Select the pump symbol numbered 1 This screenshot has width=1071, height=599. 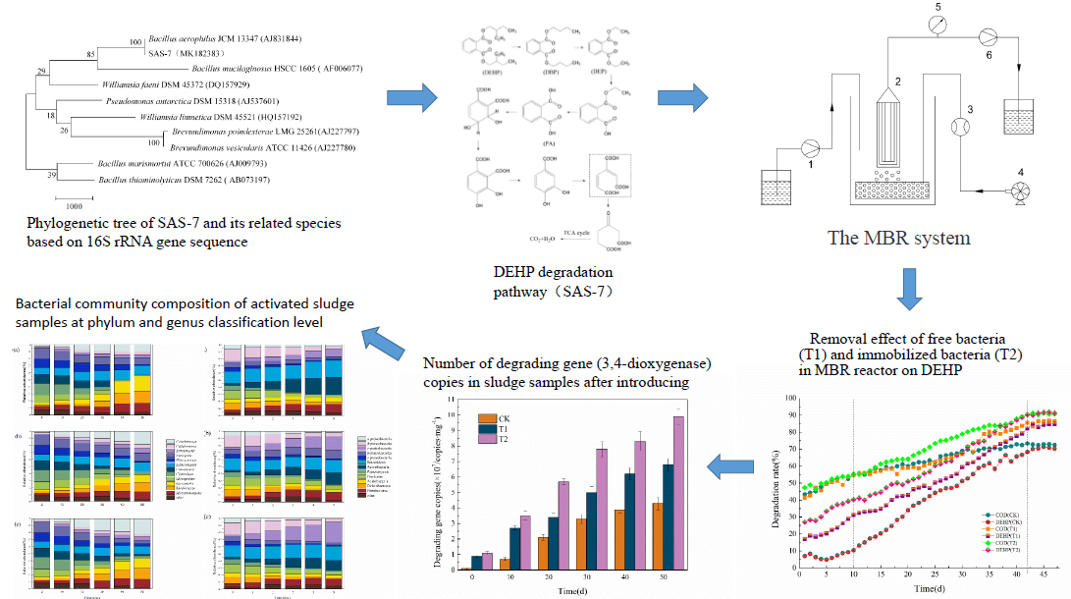811,149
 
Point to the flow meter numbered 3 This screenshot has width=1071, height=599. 960,127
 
